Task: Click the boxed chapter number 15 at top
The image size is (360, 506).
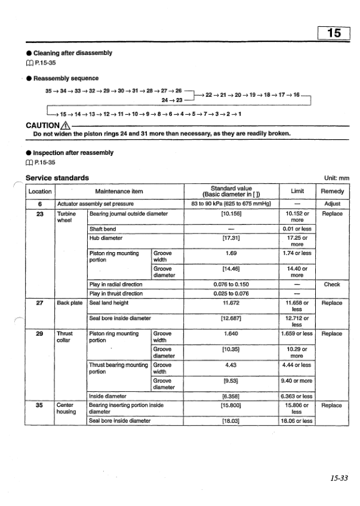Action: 336,33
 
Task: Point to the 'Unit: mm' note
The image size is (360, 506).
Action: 336,178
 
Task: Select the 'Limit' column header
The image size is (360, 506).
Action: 297,192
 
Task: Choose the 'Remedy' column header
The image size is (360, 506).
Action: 332,192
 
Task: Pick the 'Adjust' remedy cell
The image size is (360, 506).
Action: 332,203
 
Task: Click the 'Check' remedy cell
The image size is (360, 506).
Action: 332,284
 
